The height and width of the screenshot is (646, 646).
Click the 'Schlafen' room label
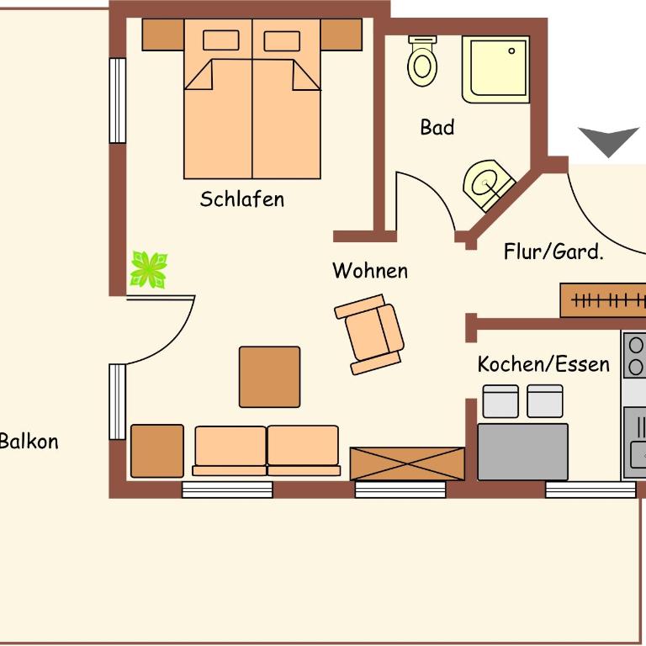pyautogui.click(x=242, y=199)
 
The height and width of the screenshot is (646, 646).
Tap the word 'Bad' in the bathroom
pyautogui.click(x=437, y=127)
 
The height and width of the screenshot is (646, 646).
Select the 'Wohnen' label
pyautogui.click(x=370, y=271)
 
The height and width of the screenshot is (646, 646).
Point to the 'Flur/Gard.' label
pyautogui.click(x=553, y=252)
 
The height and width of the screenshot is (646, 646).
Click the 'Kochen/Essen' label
pyautogui.click(x=543, y=364)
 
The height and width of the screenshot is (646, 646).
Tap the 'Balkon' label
pyautogui.click(x=29, y=442)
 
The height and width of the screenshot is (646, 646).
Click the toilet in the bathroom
pyautogui.click(x=422, y=61)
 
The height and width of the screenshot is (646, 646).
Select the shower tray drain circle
pyautogui.click(x=511, y=51)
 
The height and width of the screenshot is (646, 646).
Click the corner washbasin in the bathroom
pyautogui.click(x=488, y=184)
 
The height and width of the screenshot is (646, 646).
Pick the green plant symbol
pyautogui.click(x=149, y=270)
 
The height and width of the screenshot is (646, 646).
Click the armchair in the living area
pyautogui.click(x=369, y=335)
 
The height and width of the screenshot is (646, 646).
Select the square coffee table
pyautogui.click(x=269, y=377)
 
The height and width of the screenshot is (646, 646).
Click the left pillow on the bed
pyautogui.click(x=221, y=40)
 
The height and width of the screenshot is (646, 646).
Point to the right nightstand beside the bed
pyautogui.click(x=342, y=34)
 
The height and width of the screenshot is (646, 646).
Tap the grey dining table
pyautogui.click(x=523, y=452)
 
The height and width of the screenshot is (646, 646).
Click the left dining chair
pyautogui.click(x=500, y=401)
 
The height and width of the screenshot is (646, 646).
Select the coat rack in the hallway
pyautogui.click(x=603, y=300)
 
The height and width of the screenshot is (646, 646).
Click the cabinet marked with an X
pyautogui.click(x=407, y=464)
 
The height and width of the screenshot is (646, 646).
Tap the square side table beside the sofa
pyautogui.click(x=157, y=451)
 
